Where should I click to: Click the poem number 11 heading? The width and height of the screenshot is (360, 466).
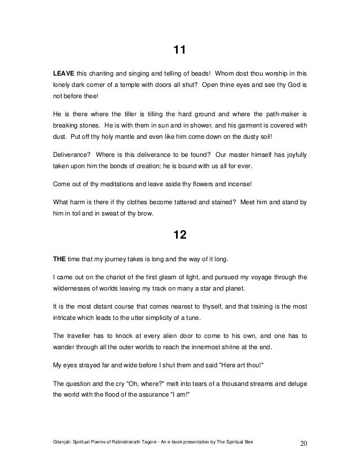point(179,51)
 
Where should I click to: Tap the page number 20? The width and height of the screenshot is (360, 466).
point(303,441)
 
